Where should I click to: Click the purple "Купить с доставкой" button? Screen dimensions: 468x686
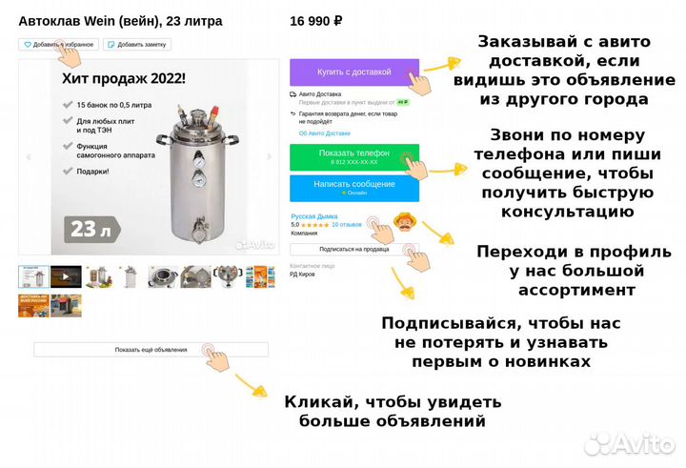click(x=353, y=72)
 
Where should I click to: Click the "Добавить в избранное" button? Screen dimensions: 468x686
click(x=58, y=44)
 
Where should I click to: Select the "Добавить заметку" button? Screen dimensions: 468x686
click(x=136, y=44)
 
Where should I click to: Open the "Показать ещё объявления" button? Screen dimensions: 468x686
click(x=151, y=350)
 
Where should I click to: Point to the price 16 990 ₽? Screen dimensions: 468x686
click(x=315, y=20)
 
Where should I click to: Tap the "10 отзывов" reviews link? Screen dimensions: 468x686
click(x=347, y=225)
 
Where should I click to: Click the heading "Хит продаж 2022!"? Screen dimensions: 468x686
click(x=124, y=79)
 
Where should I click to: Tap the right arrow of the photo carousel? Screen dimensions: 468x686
click(x=270, y=157)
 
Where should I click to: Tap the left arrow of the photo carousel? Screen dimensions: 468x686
click(x=29, y=157)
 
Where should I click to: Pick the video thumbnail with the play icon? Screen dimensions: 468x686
click(x=66, y=277)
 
